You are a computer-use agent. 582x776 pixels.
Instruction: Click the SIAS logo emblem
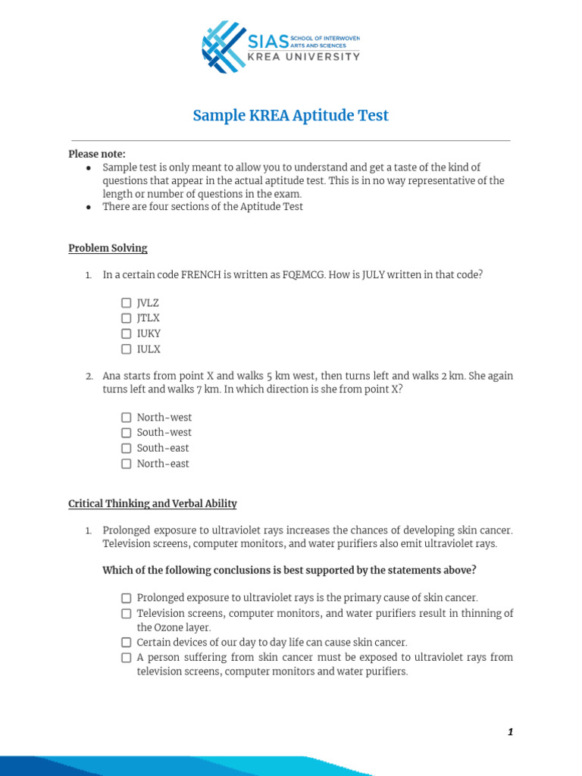(x=224, y=47)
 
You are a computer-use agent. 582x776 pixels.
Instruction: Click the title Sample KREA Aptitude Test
(x=290, y=115)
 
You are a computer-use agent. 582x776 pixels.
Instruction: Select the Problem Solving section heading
(x=108, y=248)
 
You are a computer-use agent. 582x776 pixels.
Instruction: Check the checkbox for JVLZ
(x=127, y=302)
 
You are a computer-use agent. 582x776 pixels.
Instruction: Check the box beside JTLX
(x=127, y=318)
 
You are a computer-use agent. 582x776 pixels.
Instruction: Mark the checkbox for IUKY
(x=127, y=333)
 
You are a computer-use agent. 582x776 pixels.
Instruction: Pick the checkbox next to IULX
(x=127, y=349)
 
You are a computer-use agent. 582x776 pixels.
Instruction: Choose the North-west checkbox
(x=127, y=418)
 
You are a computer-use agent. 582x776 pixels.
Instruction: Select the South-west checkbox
(x=127, y=433)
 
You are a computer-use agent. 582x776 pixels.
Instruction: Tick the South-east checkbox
(x=127, y=448)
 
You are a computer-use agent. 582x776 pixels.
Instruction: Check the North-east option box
(x=127, y=464)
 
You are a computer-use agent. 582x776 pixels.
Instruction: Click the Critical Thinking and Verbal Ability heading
(x=152, y=503)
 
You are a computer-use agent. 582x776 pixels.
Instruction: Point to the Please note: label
(x=97, y=154)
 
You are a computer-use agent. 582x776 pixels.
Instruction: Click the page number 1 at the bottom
(x=510, y=732)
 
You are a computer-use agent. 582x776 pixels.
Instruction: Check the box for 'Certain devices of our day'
(x=127, y=642)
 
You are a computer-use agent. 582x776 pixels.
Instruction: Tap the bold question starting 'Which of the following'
(x=289, y=570)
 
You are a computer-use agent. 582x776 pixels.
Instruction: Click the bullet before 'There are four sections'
(x=89, y=207)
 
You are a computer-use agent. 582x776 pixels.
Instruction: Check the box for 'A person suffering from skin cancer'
(x=127, y=658)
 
